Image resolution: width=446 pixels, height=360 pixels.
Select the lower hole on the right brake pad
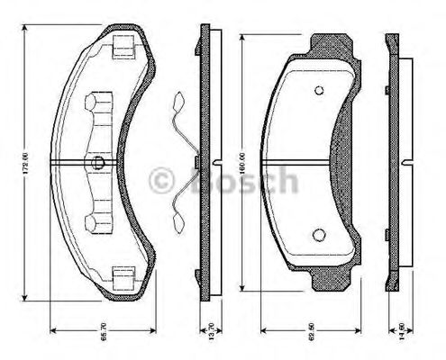coord(318,235)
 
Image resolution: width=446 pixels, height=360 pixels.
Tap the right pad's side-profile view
coord(393,162)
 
